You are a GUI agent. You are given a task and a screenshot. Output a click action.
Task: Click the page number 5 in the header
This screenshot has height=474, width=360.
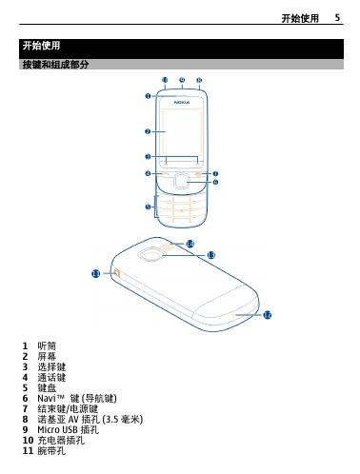pyautogui.click(x=337, y=18)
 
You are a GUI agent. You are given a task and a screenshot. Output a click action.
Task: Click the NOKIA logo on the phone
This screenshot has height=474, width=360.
pyautogui.click(x=182, y=103)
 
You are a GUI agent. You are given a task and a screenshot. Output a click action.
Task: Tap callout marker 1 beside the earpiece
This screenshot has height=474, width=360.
pyautogui.click(x=148, y=96)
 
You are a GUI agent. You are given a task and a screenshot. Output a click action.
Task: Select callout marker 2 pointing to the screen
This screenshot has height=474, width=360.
pyautogui.click(x=148, y=131)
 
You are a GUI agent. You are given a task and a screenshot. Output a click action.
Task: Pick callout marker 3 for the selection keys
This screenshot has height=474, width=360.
pyautogui.click(x=148, y=156)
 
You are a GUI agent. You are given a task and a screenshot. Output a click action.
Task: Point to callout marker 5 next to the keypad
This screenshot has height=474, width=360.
pyautogui.click(x=148, y=207)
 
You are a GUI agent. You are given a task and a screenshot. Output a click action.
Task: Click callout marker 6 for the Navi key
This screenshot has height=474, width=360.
pyautogui.click(x=215, y=182)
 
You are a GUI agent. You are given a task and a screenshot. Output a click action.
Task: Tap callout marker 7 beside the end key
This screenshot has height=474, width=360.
pyautogui.click(x=215, y=173)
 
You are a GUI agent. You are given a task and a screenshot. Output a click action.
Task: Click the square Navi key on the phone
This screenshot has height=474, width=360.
pyautogui.click(x=181, y=181)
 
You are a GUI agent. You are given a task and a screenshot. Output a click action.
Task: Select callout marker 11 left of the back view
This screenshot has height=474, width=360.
pyautogui.click(x=96, y=273)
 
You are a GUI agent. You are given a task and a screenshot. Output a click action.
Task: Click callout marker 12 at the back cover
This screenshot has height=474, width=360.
pyautogui.click(x=268, y=315)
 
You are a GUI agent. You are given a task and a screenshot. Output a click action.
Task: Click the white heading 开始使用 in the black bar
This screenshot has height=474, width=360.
pyautogui.click(x=41, y=46)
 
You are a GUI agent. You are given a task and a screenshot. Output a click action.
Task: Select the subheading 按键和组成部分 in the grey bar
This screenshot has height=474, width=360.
pyautogui.click(x=55, y=65)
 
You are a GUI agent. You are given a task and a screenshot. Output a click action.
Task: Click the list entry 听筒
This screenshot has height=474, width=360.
pyautogui.click(x=47, y=346)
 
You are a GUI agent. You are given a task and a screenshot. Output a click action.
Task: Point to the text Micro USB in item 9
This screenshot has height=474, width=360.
pyautogui.click(x=58, y=430)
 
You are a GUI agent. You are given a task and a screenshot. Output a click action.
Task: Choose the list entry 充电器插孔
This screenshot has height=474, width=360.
pyautogui.click(x=61, y=441)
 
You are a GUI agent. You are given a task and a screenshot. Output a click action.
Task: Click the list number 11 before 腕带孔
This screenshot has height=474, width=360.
pyautogui.click(x=28, y=451)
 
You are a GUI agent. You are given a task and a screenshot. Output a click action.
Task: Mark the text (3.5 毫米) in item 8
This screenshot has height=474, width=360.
pyautogui.click(x=122, y=420)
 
